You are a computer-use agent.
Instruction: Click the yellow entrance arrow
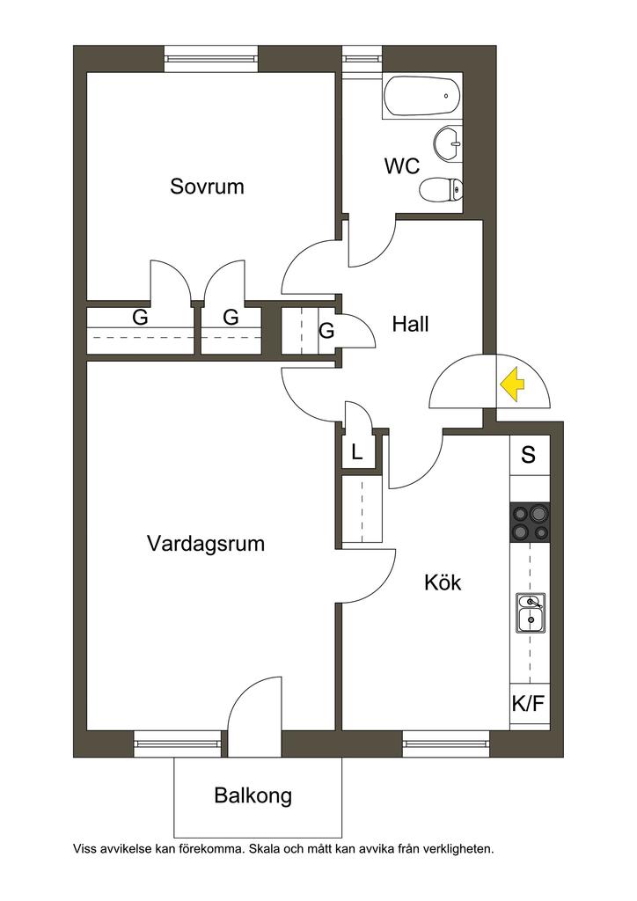coord(512,385)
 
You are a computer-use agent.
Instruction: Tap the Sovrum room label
coord(207,187)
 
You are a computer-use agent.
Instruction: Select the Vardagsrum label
coord(206,543)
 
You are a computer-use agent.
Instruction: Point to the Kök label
coord(443,582)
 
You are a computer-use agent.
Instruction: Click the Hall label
coord(411,325)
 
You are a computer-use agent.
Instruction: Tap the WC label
coord(401,166)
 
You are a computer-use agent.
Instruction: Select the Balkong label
coord(253,797)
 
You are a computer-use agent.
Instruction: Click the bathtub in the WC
coord(422,97)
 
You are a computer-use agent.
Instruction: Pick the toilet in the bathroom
coord(443,190)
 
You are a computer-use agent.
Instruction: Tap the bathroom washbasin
coord(449,143)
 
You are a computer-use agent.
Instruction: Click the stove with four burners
coord(531,523)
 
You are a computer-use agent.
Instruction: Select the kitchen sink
coord(531,612)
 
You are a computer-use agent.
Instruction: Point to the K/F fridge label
coord(530,703)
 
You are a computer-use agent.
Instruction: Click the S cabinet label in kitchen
coord(529,455)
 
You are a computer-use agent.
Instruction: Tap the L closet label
coord(356,454)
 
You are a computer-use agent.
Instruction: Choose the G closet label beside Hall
coord(327,332)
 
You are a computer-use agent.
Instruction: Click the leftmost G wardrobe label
coord(141,319)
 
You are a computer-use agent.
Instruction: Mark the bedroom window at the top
coord(211,59)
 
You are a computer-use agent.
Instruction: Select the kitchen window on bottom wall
coord(446,744)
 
